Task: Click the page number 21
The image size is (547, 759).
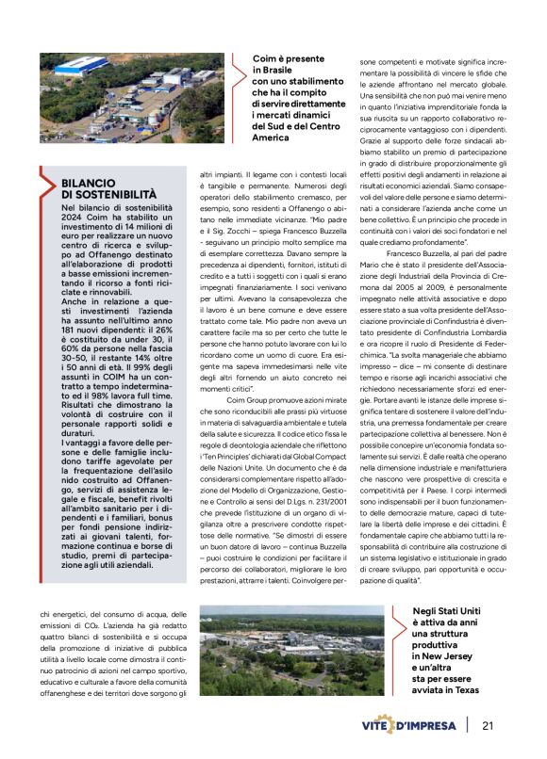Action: click(488, 725)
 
